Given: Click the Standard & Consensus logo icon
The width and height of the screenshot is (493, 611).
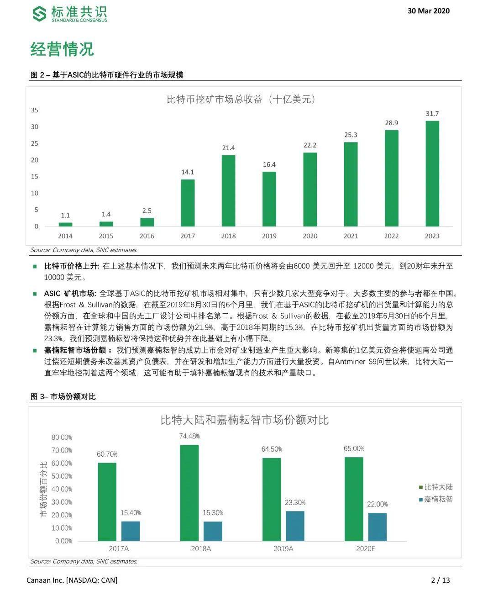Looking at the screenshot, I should (x=39, y=14).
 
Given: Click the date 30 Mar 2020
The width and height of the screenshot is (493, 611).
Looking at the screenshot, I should (x=428, y=11).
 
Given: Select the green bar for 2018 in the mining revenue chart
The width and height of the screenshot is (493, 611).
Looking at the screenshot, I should (x=228, y=191).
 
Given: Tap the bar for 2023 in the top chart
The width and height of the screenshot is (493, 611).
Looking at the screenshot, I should (x=432, y=174).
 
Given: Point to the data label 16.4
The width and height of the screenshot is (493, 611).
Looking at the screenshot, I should (x=269, y=164).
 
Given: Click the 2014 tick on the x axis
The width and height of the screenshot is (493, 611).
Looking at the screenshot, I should (x=65, y=236).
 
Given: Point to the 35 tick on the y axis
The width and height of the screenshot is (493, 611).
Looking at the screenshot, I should (x=35, y=110).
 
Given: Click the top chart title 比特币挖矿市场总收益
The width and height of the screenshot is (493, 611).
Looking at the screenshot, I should (x=241, y=99).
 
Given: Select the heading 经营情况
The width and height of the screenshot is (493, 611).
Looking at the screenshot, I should (x=62, y=49).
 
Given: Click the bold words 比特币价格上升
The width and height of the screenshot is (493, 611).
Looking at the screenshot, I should (x=71, y=266).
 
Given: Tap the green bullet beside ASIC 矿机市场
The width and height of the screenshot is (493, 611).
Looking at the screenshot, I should (x=35, y=294).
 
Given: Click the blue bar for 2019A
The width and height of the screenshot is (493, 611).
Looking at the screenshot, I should (x=295, y=526).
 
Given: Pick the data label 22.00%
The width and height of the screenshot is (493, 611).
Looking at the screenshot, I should (x=378, y=504).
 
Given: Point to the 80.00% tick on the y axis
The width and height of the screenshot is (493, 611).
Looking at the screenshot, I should (x=62, y=437).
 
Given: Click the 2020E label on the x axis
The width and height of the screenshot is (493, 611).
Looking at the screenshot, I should (x=365, y=548).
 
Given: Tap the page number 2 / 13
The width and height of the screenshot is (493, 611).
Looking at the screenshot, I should (x=441, y=580).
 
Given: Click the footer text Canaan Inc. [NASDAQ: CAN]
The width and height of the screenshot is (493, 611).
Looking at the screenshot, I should (x=72, y=580).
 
